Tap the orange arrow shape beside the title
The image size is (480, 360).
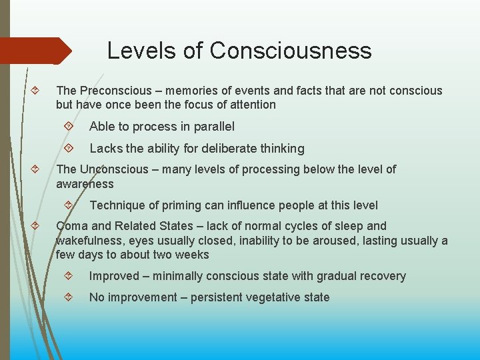click(37, 51)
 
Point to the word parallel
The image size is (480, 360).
click(212, 127)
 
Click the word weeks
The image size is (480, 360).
click(192, 255)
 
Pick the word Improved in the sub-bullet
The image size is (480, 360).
click(114, 276)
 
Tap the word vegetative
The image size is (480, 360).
click(270, 297)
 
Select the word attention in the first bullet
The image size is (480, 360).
click(250, 105)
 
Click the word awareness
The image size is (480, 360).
click(85, 183)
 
